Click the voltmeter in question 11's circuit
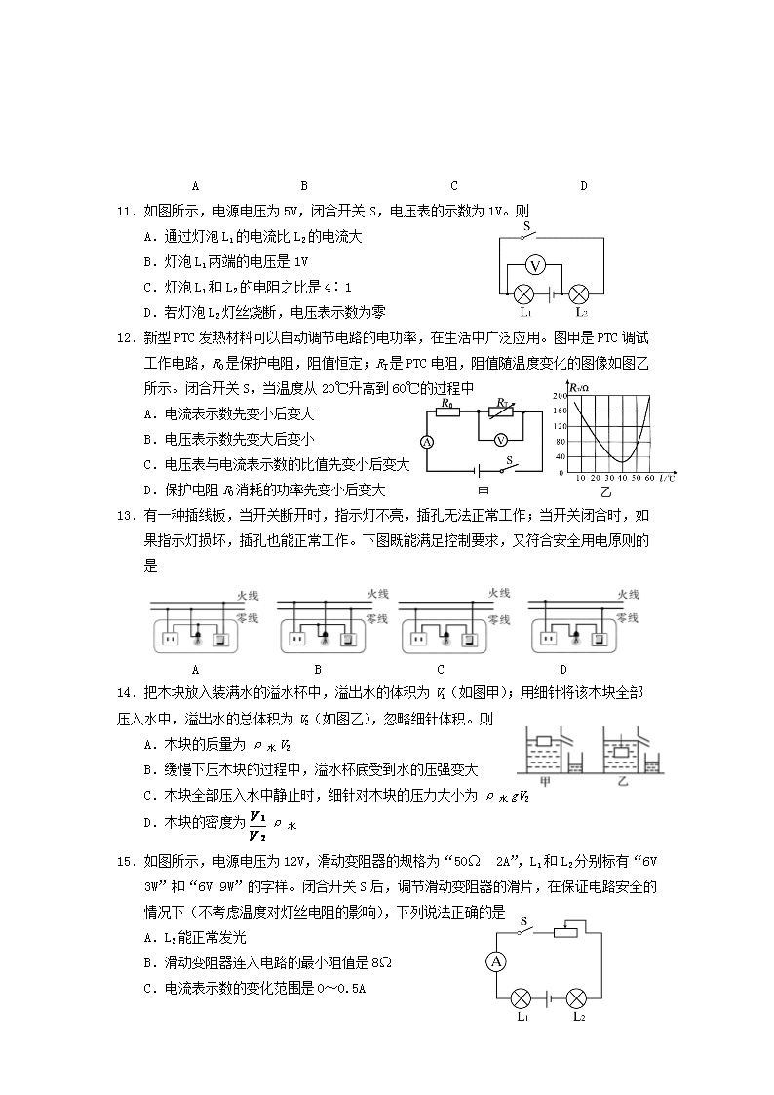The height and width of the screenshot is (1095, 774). [534, 265]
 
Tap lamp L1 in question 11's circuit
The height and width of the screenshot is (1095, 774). [523, 293]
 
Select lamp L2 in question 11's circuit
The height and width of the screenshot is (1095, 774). [579, 293]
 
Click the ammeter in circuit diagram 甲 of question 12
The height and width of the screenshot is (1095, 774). [425, 441]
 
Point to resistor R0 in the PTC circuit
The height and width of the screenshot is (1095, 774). [447, 411]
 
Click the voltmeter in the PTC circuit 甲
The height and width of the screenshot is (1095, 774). [500, 440]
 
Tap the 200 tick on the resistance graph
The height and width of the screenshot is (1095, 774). [560, 396]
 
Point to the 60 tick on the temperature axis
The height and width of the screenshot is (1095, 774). [649, 478]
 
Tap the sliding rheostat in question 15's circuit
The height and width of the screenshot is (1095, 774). [568, 932]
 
